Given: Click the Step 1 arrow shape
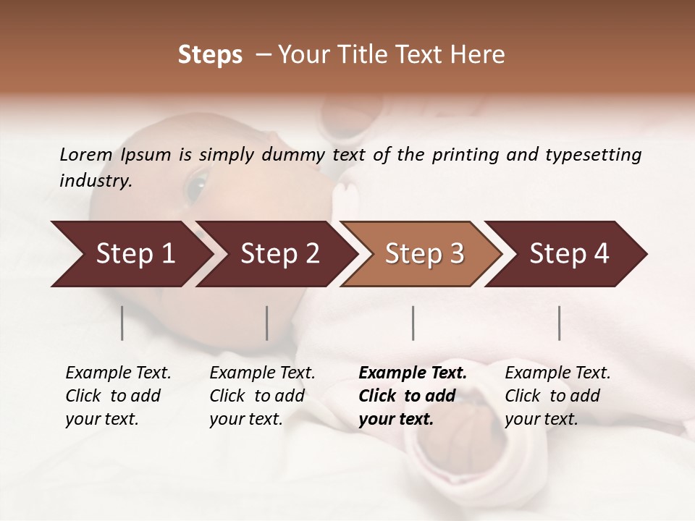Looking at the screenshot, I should (x=135, y=254).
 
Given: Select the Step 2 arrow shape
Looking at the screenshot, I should (x=279, y=254).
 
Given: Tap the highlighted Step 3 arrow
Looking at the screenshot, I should (x=424, y=254).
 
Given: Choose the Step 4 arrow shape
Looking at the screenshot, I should (x=569, y=254).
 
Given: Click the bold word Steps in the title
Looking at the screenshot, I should (x=210, y=55).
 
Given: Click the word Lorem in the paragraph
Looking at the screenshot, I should (x=85, y=154).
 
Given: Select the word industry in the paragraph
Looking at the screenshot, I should (x=94, y=181).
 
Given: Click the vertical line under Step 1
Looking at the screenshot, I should (x=122, y=323).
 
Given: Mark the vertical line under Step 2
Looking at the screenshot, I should (x=267, y=323).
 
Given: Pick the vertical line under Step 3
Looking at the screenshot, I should (x=413, y=323).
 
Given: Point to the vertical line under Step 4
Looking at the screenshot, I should (x=560, y=323).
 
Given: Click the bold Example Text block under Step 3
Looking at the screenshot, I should (x=413, y=396).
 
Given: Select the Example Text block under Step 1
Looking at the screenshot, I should (x=118, y=396).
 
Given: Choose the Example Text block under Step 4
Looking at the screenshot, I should (x=557, y=396).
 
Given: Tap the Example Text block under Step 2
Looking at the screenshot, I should (x=262, y=396).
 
